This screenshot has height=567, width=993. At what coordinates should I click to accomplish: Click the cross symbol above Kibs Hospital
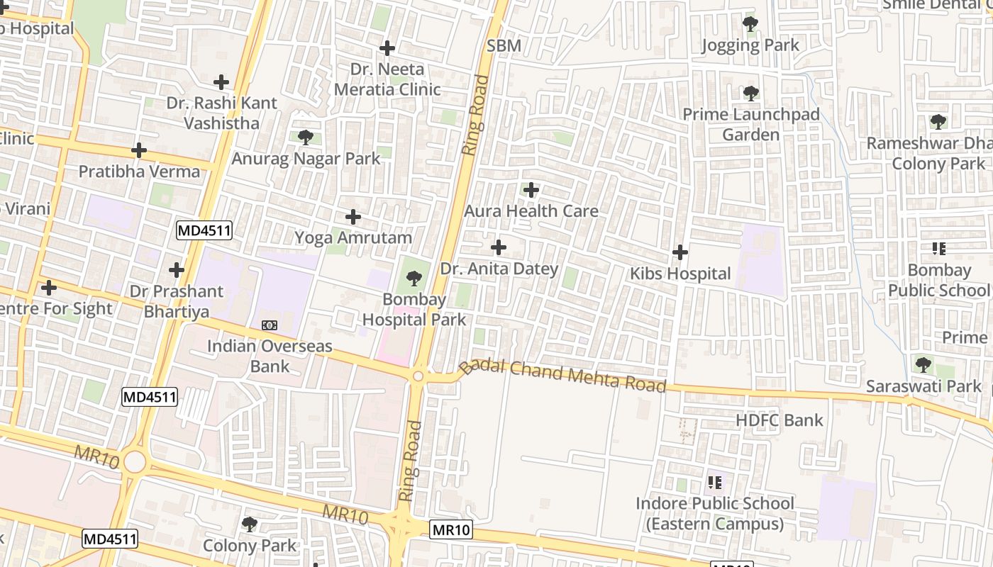tap(679, 252)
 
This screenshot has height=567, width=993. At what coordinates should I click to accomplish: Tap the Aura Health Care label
tap(531, 211)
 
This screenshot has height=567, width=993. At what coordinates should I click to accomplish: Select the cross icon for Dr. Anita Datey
tap(499, 247)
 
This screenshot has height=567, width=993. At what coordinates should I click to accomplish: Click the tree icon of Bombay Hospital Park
tap(414, 279)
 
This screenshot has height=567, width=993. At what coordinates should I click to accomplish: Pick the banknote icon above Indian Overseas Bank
tap(270, 325)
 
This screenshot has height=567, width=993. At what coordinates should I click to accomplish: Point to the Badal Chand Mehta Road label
tap(563, 375)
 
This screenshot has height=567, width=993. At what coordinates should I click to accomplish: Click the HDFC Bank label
tap(779, 420)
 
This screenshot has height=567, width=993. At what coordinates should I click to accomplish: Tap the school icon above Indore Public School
tap(715, 483)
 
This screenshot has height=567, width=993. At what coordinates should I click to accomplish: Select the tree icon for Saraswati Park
tap(923, 365)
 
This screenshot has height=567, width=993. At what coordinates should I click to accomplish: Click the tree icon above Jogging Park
tap(750, 24)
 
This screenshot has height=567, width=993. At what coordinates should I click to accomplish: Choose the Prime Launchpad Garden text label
tap(750, 125)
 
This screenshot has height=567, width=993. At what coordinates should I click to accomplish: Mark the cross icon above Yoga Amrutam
tap(353, 217)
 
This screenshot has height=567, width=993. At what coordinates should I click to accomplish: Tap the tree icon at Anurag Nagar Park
tap(306, 137)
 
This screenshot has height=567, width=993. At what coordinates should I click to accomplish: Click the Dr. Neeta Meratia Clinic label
tap(387, 79)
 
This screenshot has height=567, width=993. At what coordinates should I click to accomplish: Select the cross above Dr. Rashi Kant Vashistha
tap(221, 82)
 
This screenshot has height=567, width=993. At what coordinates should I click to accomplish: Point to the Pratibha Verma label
tap(139, 172)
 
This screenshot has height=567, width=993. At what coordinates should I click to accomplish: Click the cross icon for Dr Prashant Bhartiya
tap(176, 270)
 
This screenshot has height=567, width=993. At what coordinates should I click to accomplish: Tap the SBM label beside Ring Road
tap(504, 46)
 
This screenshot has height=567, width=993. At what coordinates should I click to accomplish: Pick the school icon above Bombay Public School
tap(938, 249)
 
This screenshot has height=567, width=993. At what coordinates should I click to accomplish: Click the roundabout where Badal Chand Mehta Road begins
tap(418, 376)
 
